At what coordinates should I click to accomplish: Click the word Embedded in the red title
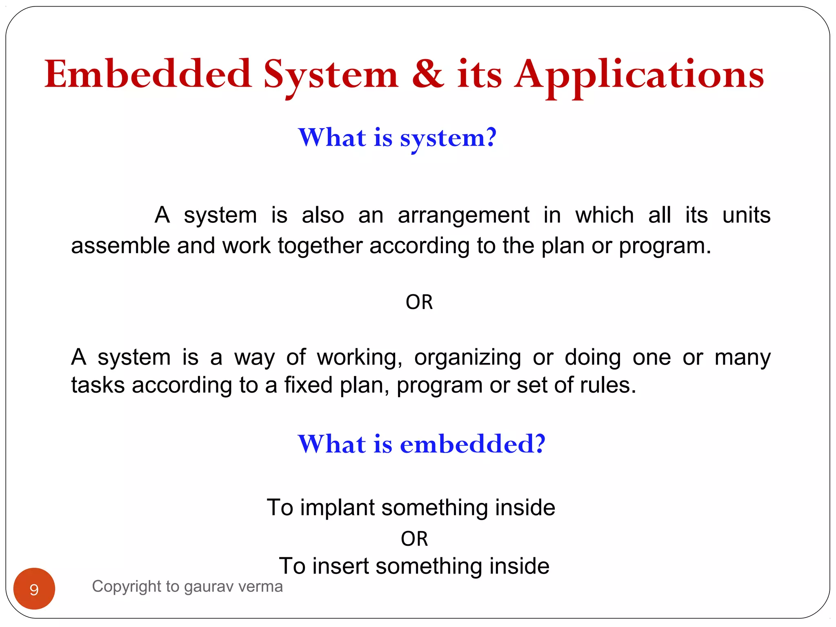click(148, 74)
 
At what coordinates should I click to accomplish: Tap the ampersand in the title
click(427, 74)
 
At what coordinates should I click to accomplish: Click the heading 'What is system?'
click(397, 138)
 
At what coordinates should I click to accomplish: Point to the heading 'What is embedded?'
click(421, 444)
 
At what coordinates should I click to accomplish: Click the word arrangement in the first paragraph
click(463, 215)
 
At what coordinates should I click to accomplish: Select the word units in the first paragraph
click(746, 215)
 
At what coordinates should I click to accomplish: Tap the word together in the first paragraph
click(320, 246)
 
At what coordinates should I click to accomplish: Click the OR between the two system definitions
click(419, 302)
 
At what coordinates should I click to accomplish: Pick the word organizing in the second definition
click(467, 358)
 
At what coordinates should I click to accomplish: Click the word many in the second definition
click(742, 358)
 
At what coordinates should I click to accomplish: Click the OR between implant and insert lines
click(414, 539)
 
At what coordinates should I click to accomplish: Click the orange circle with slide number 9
click(34, 589)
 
